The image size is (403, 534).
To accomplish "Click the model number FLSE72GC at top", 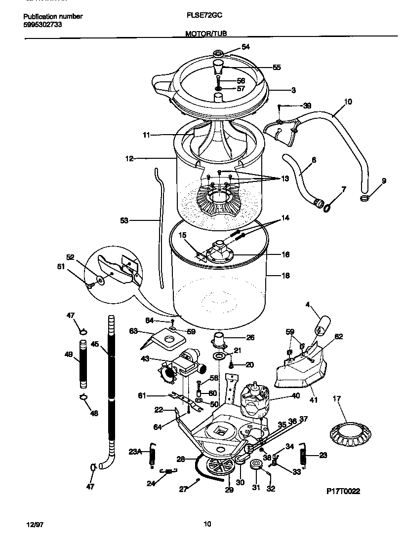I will pos(204,16).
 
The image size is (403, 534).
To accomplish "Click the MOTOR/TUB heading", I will pos(206,34).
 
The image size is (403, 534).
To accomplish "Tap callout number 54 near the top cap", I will pos(245,47).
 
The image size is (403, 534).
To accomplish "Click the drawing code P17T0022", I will pos(343,492).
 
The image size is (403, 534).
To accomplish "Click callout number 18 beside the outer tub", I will pos(285,276).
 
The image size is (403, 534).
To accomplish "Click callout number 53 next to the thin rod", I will pos(124,220).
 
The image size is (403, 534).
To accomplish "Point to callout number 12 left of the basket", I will pos(129,159).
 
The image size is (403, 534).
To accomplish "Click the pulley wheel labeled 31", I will pos(256,465).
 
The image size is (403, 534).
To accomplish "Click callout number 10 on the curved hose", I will pos(348,102).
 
